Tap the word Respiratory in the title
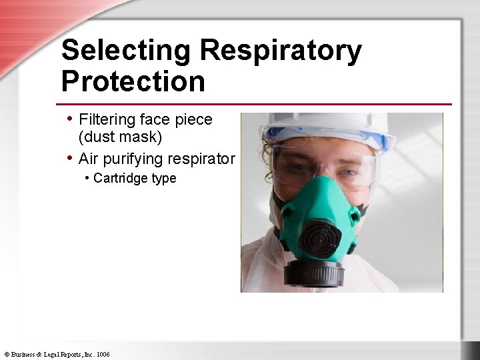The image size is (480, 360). (281, 51)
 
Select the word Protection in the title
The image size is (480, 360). (133, 81)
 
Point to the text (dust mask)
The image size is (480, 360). (121, 137)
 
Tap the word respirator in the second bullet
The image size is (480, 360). (203, 159)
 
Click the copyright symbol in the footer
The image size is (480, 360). (6, 354)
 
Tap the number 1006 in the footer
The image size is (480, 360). (103, 354)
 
